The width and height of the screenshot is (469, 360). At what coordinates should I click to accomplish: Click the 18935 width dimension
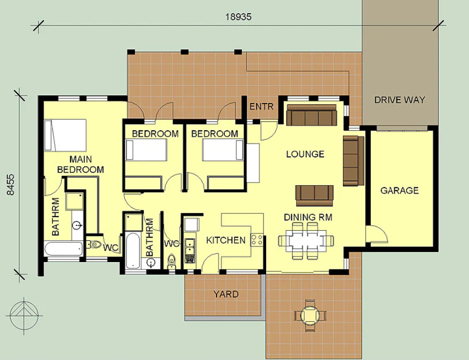[238, 17]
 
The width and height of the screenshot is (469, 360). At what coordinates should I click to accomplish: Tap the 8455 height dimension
[10, 185]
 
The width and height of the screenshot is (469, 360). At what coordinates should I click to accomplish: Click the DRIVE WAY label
[399, 99]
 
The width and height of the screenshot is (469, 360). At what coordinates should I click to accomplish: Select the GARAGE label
[399, 190]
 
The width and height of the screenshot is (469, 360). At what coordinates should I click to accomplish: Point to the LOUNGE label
[305, 154]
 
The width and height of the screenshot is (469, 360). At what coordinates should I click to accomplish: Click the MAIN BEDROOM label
[81, 164]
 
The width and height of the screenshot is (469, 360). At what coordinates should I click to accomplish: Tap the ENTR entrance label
[261, 107]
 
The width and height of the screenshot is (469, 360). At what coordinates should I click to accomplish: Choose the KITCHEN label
[226, 240]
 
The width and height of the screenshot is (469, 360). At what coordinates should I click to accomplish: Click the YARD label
[226, 294]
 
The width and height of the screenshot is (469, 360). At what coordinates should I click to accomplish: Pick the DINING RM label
[308, 217]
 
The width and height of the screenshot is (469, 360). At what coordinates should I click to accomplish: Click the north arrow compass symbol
[25, 315]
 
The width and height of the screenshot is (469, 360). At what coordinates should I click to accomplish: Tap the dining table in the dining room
[306, 241]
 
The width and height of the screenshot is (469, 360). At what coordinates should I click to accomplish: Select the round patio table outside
[310, 315]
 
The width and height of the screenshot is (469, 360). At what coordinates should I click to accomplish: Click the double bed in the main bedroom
[65, 135]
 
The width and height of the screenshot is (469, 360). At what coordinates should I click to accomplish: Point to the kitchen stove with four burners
[257, 240]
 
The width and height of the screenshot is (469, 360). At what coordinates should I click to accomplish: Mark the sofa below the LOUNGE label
[314, 196]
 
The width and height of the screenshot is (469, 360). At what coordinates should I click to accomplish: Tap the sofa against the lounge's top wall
[312, 115]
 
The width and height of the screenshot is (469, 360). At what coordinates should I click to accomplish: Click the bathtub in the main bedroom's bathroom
[63, 249]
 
